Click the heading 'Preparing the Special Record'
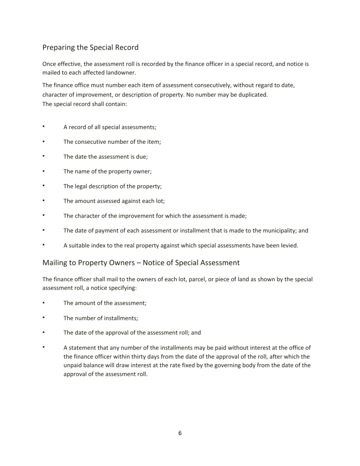pos(90,47)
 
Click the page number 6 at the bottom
pos(180,433)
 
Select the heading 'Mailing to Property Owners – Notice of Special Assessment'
pos(141,263)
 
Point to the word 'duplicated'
pos(252,95)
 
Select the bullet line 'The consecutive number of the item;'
pos(112,142)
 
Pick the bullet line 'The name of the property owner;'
pos(107,171)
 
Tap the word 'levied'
pos(289,245)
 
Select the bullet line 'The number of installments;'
pos(101,318)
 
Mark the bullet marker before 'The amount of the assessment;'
pos(43,303)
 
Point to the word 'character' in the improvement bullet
pos(89,216)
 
